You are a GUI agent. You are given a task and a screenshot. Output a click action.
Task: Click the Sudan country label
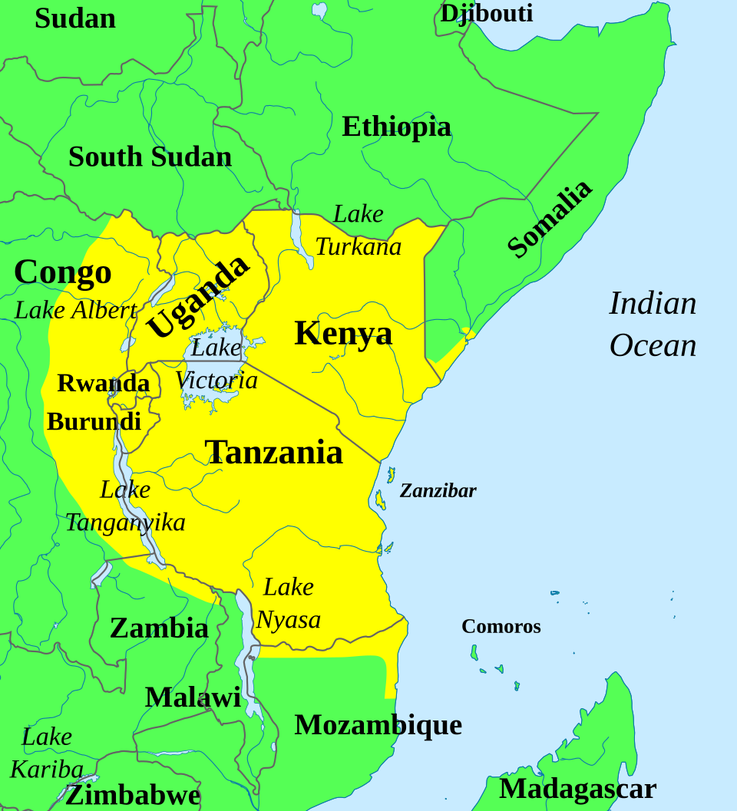point(75,18)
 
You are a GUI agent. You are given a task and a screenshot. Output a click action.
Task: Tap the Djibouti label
point(486,13)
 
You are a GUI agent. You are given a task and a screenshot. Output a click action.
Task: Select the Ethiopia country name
point(396,127)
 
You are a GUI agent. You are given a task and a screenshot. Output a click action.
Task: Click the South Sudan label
point(150,157)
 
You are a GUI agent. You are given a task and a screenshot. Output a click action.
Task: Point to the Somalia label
point(550,219)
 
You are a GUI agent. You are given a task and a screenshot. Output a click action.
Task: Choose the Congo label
point(63,272)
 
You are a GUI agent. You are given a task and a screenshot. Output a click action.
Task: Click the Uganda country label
point(197,295)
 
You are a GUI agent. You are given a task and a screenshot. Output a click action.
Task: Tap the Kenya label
point(343,334)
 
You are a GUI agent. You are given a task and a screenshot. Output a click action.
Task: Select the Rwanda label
point(103,383)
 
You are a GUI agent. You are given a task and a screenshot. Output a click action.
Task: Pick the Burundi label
point(94,421)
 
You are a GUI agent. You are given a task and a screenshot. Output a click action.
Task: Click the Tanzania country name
point(273,452)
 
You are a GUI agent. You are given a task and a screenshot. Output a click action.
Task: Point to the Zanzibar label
point(438,491)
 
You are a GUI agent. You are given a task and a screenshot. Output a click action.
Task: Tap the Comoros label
point(501,626)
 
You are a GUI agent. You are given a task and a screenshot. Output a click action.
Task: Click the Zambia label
point(159,628)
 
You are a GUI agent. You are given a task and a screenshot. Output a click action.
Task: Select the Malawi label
point(193,697)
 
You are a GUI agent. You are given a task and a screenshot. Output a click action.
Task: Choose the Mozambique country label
point(378,724)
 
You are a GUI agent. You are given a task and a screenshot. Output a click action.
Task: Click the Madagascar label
point(577,788)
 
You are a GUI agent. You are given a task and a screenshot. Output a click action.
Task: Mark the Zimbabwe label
point(133,795)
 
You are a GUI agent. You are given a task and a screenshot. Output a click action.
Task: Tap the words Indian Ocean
point(653,325)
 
